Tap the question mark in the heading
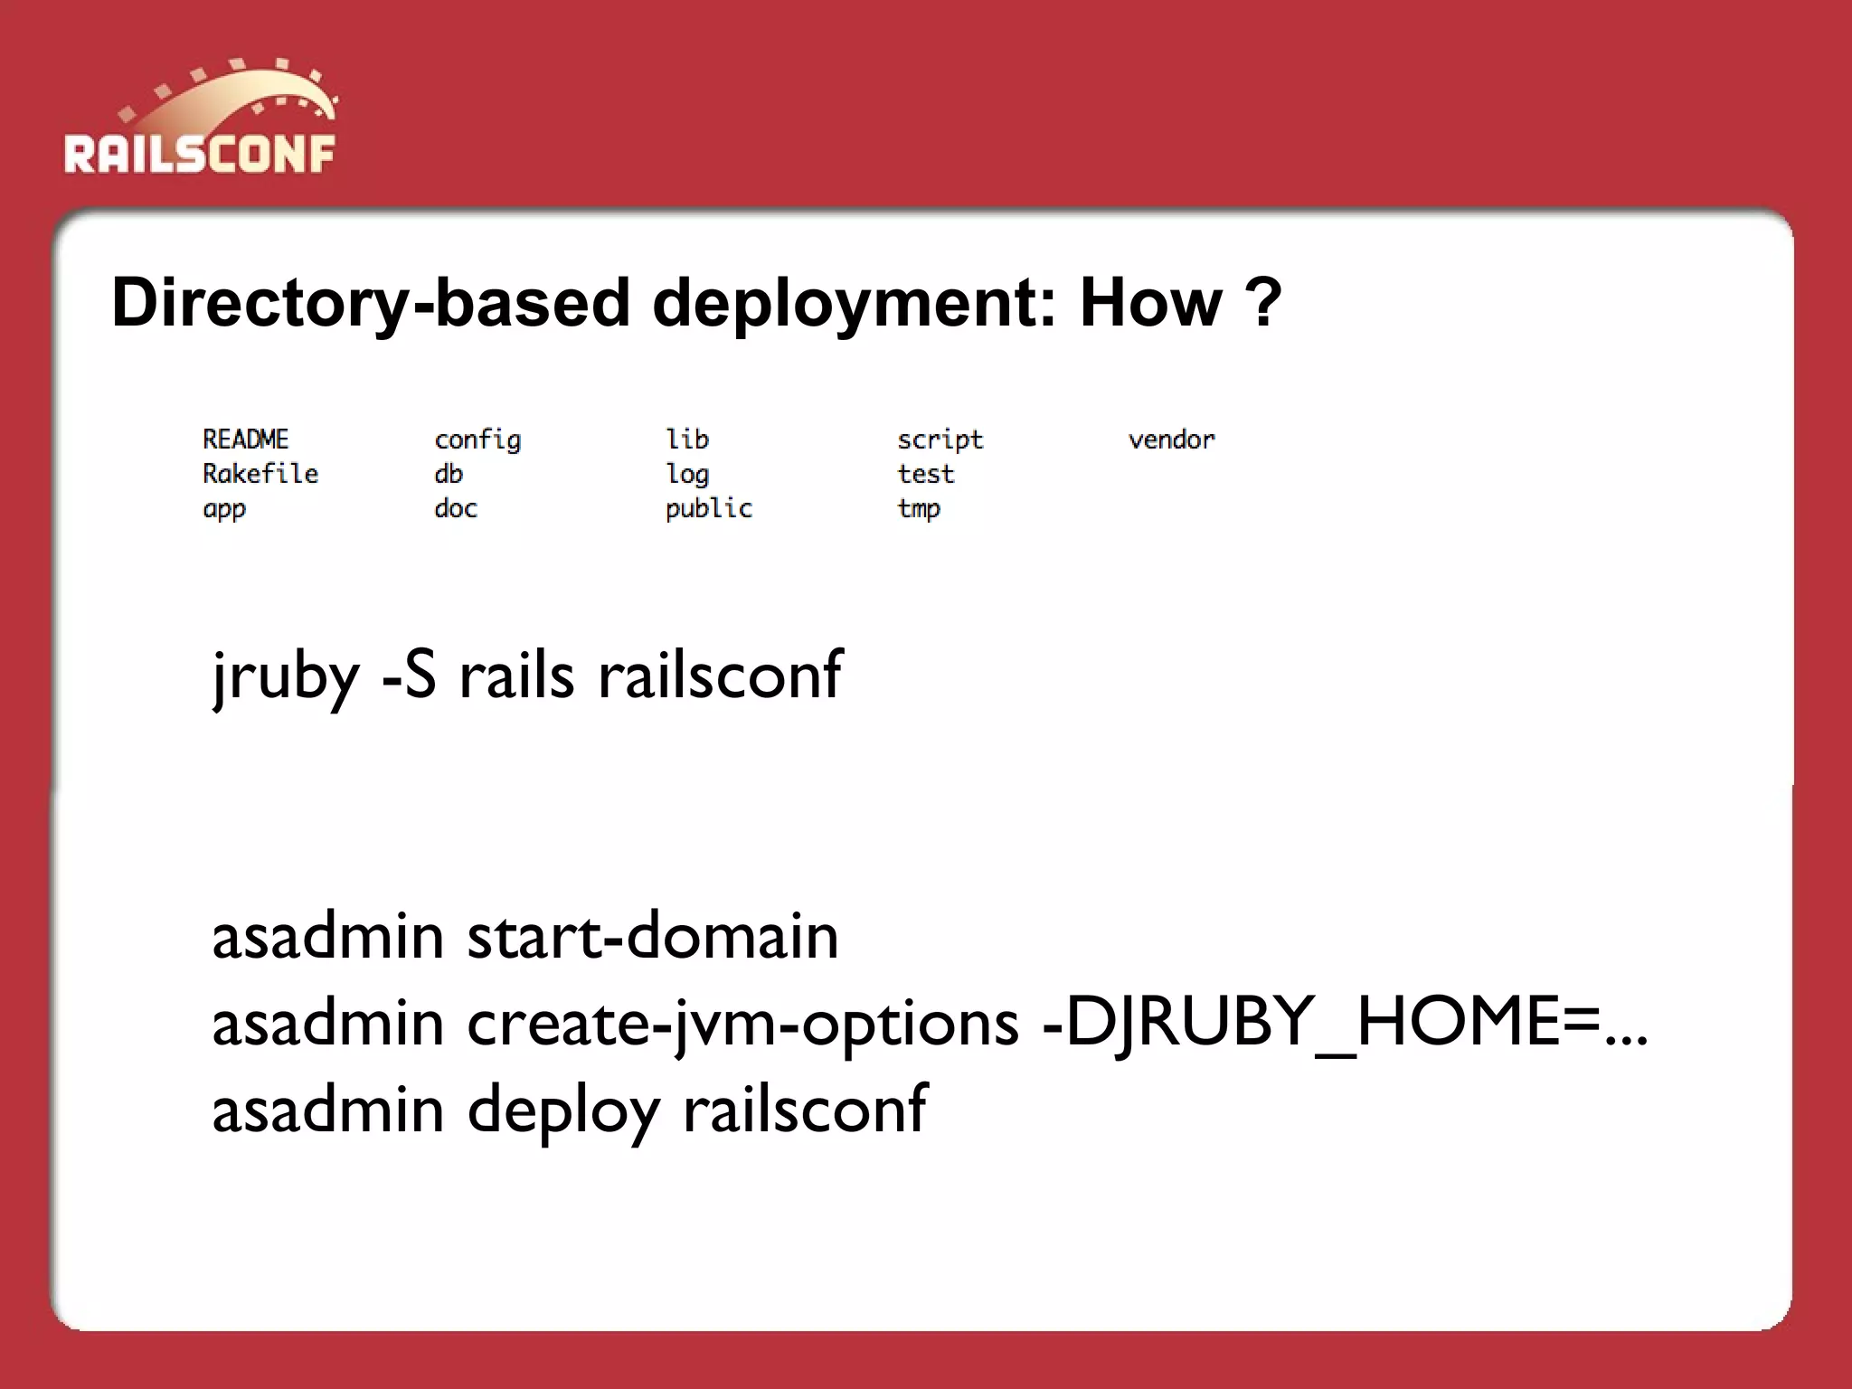(x=1262, y=303)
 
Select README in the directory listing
(x=245, y=439)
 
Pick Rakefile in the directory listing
(x=260, y=474)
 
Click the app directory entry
(x=223, y=510)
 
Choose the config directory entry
(x=477, y=440)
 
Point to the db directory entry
(x=448, y=474)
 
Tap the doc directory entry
(x=455, y=508)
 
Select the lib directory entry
(x=687, y=439)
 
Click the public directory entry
(x=708, y=509)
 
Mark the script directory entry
(x=940, y=440)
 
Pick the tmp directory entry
(x=918, y=510)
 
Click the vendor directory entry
(x=1171, y=440)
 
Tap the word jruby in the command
(x=286, y=676)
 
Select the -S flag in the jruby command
(x=409, y=676)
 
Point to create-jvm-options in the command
(x=742, y=1024)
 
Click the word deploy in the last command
(x=563, y=1110)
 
